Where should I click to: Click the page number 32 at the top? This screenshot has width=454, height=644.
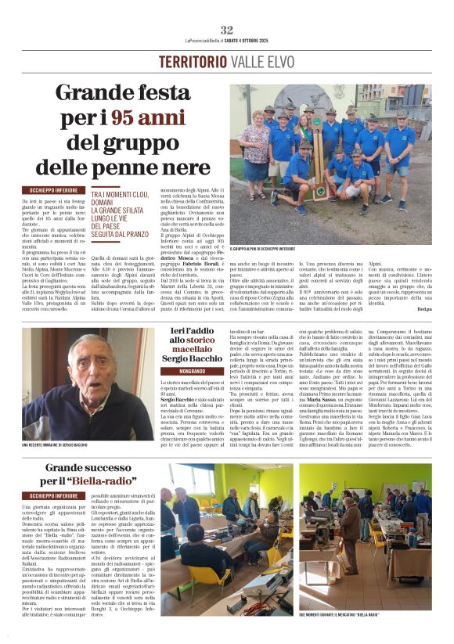(x=227, y=30)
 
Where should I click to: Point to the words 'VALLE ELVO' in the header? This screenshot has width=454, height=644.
(x=258, y=62)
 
